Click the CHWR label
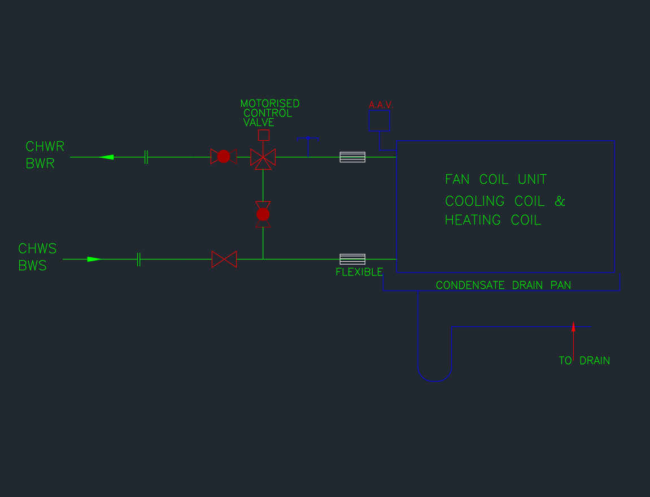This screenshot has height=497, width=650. click(x=45, y=147)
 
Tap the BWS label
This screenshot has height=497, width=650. click(x=33, y=266)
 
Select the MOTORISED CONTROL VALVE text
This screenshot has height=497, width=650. click(x=269, y=113)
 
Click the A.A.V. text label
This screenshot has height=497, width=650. click(x=381, y=105)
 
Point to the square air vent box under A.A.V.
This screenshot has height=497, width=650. click(x=379, y=120)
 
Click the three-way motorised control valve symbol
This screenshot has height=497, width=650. click(x=263, y=158)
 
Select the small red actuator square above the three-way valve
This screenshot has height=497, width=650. click(x=264, y=135)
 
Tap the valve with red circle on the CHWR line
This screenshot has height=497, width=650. click(x=224, y=157)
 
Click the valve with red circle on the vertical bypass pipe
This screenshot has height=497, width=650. click(x=263, y=214)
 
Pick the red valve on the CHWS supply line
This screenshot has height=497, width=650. click(x=224, y=260)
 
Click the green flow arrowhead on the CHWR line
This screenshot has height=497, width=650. click(x=106, y=157)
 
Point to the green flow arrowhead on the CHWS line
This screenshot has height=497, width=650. click(x=94, y=260)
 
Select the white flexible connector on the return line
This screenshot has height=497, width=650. click(x=352, y=157)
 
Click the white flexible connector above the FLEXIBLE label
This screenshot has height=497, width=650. click(x=352, y=259)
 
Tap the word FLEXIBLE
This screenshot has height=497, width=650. click(x=359, y=272)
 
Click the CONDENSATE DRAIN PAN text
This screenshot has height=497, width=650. click(x=503, y=285)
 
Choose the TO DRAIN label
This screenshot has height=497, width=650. click(x=584, y=361)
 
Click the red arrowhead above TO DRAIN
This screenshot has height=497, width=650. click(x=573, y=327)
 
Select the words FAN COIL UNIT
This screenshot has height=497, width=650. click(x=496, y=180)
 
